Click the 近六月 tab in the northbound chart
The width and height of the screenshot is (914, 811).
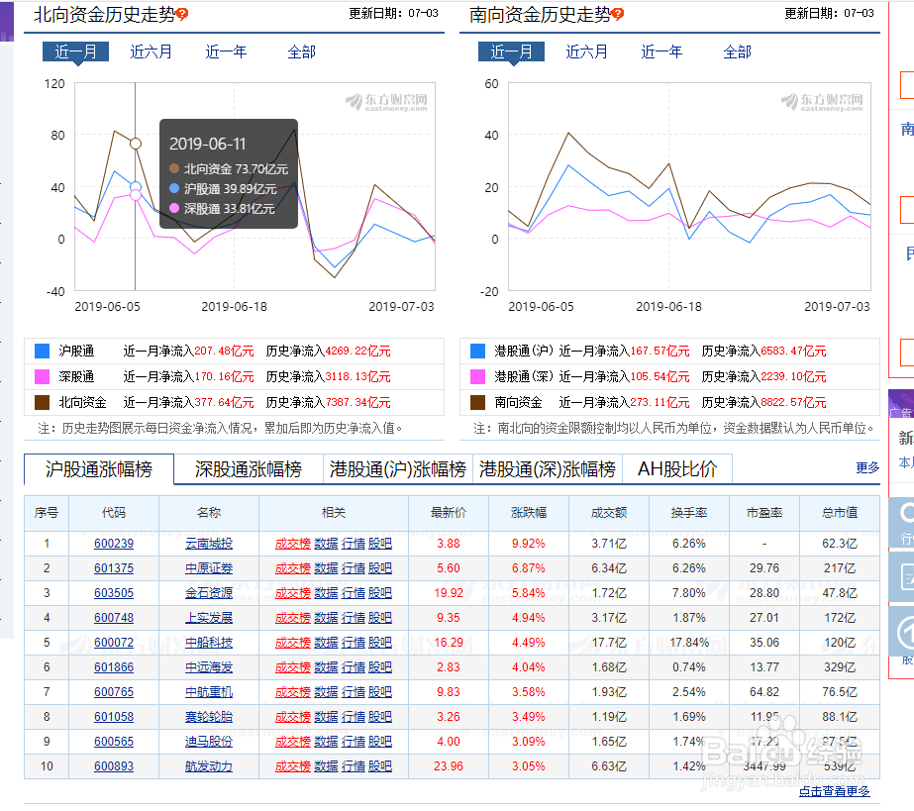[152, 51]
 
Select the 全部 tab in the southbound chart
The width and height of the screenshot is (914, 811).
[737, 51]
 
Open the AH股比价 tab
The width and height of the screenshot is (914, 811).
[677, 469]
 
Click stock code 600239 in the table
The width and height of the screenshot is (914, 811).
[114, 544]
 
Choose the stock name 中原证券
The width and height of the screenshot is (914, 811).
[208, 568]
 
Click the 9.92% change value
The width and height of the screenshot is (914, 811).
[528, 544]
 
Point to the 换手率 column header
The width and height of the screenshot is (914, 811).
[688, 513]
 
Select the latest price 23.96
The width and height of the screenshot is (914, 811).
[448, 766]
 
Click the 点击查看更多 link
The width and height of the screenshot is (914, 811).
[834, 791]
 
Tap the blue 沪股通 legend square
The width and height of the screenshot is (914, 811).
[42, 351]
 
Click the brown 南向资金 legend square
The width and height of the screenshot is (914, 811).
[477, 402]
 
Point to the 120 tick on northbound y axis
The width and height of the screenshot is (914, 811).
[54, 83]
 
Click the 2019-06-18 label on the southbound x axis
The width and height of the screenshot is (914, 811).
[668, 307]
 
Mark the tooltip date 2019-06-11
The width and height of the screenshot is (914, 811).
[207, 144]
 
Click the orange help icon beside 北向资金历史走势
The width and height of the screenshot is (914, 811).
[182, 15]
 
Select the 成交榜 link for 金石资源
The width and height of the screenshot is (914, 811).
[293, 593]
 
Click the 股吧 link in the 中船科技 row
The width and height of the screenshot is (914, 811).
[380, 643]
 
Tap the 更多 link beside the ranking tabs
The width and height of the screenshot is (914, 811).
[867, 467]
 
